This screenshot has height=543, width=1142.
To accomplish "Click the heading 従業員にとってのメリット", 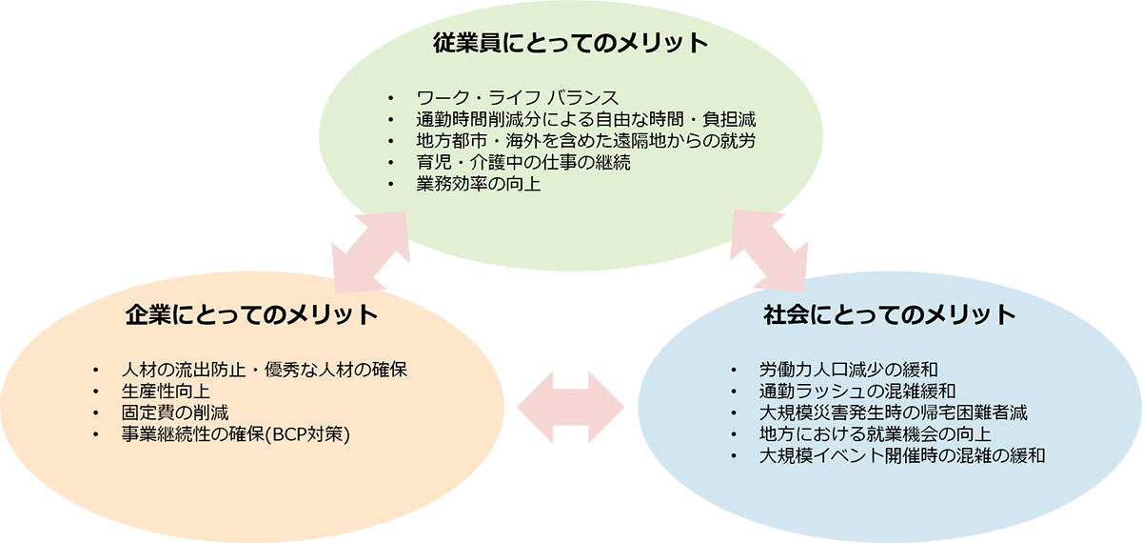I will pos(571,44).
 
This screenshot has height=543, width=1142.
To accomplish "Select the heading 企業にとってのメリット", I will pos(251,315).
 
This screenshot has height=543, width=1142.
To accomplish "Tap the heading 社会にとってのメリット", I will pos(890,315).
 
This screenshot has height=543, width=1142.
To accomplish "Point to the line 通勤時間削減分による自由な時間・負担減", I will pos(586,119).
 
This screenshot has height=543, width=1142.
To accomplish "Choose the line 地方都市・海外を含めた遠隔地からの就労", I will pos(586,141).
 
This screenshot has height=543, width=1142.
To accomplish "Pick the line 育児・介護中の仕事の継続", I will pos(523,163).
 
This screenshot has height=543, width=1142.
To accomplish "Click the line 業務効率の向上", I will pos(479,184).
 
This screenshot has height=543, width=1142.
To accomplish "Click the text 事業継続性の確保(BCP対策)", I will pos(236,435).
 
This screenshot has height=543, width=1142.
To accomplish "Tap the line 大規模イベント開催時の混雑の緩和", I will pos(902,457).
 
